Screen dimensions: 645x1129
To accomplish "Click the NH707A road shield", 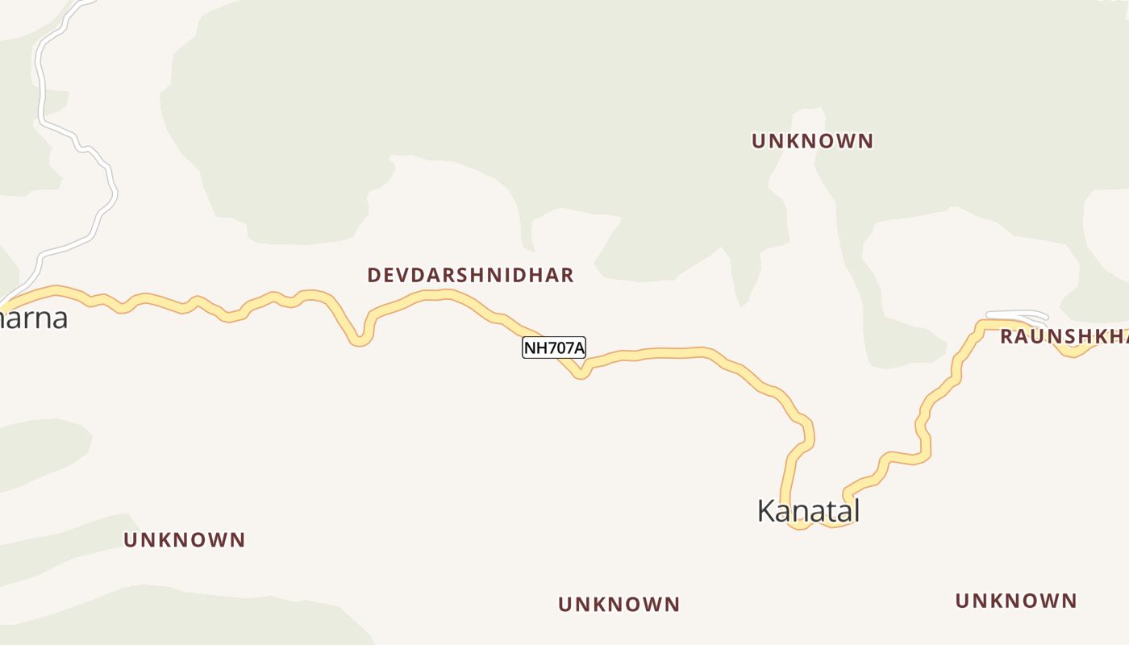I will (553, 347).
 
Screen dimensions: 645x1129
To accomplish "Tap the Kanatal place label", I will (808, 510).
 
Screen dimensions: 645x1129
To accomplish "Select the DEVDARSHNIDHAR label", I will (470, 275).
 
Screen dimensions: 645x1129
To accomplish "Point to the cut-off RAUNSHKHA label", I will (1063, 336).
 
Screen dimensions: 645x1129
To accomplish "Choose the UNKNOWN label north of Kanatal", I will (812, 141).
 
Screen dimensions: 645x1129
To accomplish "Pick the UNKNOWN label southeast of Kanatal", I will (1015, 601).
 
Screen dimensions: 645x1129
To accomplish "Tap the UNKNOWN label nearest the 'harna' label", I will (184, 539).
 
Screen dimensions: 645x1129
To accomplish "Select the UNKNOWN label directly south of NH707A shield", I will (619, 604).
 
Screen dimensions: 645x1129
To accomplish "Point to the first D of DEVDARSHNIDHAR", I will (373, 275).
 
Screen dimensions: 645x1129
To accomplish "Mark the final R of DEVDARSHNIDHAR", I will (567, 275).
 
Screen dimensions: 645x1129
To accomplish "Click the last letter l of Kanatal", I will (856, 510).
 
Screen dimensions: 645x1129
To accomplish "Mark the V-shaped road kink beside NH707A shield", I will (579, 373).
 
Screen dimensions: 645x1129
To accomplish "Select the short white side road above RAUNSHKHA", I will (1016, 314).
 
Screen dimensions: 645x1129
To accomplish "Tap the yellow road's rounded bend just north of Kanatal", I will (806, 431).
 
